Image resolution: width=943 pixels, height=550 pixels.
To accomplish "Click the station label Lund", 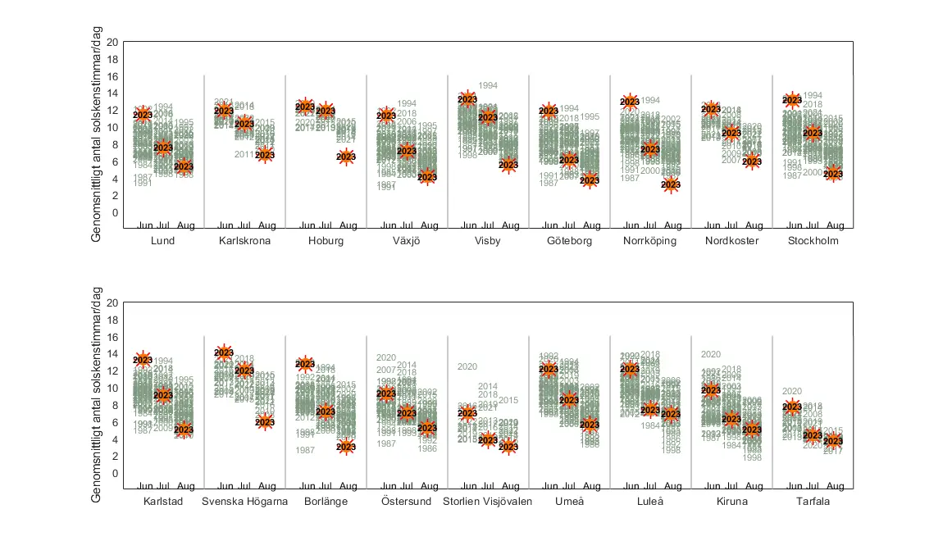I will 162,241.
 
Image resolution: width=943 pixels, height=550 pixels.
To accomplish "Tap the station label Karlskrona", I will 244,241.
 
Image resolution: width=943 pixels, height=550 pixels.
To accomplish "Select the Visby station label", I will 488,241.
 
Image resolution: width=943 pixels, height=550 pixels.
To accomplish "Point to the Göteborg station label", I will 569,241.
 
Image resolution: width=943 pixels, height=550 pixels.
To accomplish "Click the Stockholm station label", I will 813,241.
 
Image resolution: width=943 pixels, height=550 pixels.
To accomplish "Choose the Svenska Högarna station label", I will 244,502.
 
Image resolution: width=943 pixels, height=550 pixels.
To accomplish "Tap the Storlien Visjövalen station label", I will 488,502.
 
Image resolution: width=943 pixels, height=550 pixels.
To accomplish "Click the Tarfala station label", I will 813,502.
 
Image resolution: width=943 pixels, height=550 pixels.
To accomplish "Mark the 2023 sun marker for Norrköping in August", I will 671,184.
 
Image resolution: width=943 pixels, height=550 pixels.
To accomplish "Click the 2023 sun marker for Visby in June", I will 467,99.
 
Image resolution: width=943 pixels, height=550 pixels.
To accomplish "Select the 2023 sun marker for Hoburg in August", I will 346,157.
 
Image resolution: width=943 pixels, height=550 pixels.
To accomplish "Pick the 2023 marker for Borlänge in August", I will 346,447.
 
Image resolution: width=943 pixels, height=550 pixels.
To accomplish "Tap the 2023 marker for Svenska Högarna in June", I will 224,353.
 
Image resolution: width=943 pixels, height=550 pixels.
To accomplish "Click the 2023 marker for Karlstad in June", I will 143,360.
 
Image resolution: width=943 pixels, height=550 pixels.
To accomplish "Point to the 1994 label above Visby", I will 489,85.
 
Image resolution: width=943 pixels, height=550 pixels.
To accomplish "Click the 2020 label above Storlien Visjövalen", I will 467,366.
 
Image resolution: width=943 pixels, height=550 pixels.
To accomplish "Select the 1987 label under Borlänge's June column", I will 305,450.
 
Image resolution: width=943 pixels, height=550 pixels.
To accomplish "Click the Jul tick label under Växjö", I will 407,225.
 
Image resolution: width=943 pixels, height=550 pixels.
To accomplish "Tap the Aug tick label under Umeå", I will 590,486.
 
